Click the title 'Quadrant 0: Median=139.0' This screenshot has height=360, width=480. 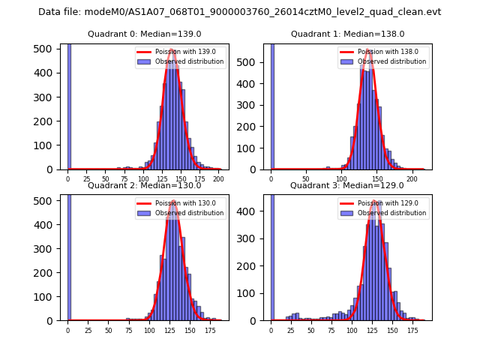tap(145, 34)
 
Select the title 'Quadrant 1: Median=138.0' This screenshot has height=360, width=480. tap(348, 34)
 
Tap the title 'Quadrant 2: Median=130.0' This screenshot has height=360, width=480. tap(145, 185)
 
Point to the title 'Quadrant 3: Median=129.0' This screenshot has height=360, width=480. tap(348, 185)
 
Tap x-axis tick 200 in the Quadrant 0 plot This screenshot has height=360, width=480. tap(218, 179)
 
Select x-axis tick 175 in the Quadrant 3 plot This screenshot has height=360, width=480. tap(411, 330)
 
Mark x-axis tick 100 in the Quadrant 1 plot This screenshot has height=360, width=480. tap(341, 179)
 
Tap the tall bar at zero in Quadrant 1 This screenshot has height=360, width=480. tap(271, 105)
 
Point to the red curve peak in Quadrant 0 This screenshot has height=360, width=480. tap(172, 50)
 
